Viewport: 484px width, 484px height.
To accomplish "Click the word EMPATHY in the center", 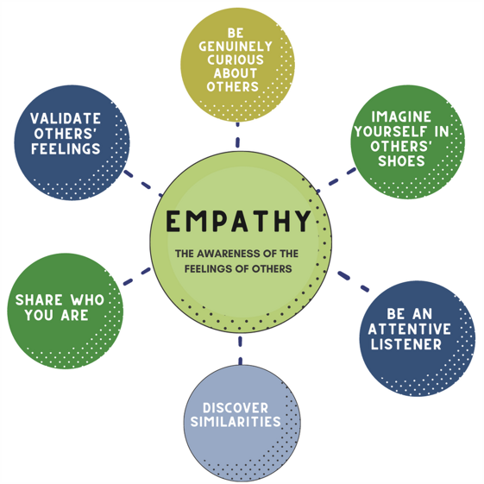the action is pos(238,221).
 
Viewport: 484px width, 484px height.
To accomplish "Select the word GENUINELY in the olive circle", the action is pos(236,47).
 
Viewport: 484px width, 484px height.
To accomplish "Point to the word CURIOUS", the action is pos(236,60).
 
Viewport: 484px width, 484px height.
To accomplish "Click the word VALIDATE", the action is pos(66,118).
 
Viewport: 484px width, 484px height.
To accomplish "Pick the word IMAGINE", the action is pos(401,116).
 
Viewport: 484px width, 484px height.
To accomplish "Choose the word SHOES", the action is pos(401,161).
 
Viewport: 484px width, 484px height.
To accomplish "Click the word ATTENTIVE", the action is pos(409,329).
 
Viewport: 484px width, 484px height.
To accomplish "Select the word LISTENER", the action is pos(406,344).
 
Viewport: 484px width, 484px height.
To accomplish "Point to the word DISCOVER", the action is pos(236,408).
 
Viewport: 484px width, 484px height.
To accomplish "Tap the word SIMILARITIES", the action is pos(236,422).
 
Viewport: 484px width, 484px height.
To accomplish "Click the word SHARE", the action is pos(39,300).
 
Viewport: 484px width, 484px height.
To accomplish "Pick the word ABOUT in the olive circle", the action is pos(236,73).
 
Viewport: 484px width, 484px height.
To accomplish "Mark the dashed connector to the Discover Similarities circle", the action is pos(240,350).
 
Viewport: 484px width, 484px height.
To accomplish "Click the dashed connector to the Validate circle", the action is pos(143,184).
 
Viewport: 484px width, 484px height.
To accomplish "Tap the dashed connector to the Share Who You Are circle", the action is pos(137,276).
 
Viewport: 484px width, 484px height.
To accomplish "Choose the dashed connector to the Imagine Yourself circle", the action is pos(336,180).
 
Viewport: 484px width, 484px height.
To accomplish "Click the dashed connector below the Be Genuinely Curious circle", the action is pos(237,135).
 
